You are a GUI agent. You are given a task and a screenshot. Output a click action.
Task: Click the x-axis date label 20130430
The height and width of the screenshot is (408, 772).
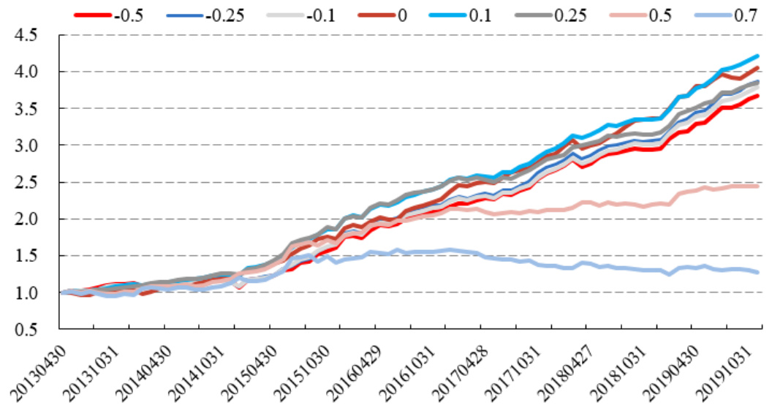(x=37, y=369)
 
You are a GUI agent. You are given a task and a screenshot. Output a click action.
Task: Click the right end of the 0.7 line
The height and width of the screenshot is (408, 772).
(x=757, y=272)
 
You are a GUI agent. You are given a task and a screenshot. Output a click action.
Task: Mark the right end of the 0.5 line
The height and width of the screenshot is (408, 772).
(x=757, y=186)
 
